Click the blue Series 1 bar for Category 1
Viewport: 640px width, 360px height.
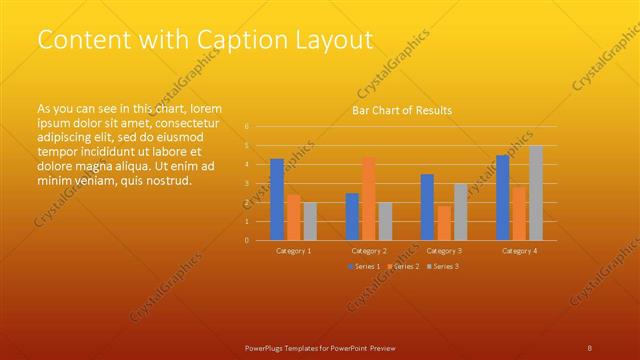(x=277, y=199)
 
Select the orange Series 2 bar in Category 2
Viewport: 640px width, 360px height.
(x=368, y=198)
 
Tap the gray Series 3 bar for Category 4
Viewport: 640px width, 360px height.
(x=535, y=193)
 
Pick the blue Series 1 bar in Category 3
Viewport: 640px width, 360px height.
(x=427, y=207)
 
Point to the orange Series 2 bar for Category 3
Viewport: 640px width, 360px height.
(x=443, y=222)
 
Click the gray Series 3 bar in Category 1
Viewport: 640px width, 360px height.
(x=309, y=221)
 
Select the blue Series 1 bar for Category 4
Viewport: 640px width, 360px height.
(x=502, y=197)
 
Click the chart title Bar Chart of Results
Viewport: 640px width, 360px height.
(x=402, y=110)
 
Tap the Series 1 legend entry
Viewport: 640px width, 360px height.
(x=363, y=266)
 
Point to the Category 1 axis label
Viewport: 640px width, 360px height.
(x=293, y=250)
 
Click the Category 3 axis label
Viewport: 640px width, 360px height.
(x=444, y=250)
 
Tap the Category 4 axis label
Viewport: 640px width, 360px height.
(x=519, y=250)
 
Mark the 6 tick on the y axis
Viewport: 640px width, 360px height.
(x=246, y=127)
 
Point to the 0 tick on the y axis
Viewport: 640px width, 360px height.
(x=246, y=240)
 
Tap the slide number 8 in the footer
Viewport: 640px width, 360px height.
(x=590, y=347)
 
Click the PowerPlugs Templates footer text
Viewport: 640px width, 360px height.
(x=320, y=347)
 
